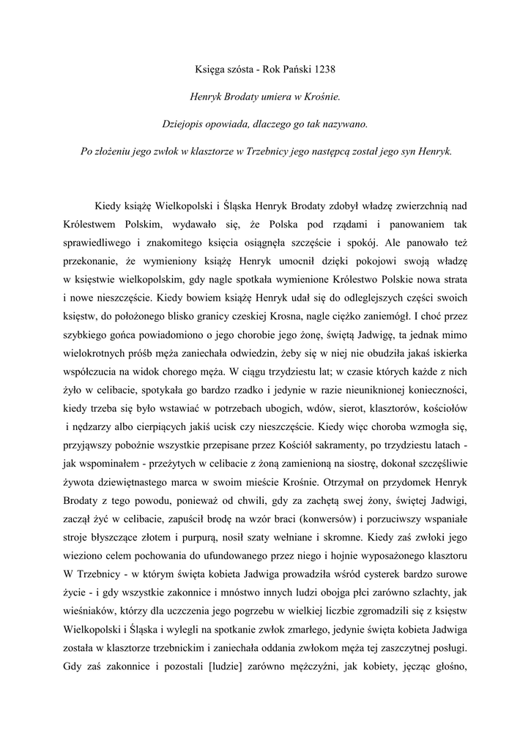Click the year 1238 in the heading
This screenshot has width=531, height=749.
[x=322, y=69]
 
